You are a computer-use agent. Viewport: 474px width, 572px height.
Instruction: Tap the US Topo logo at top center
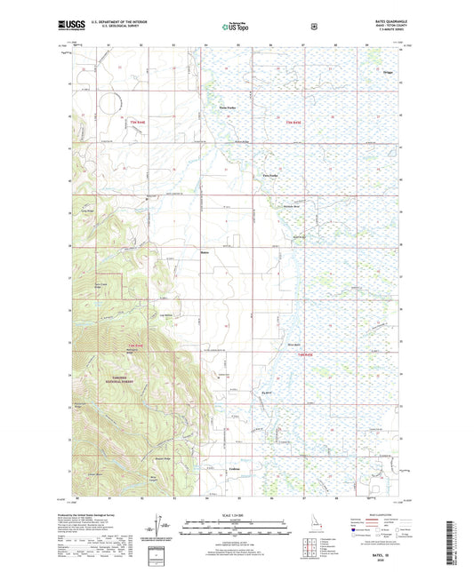[x=237, y=28]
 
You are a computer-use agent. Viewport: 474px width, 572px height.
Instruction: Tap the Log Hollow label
[x=165, y=315]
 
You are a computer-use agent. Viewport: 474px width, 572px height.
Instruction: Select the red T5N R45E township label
[x=294, y=122]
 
